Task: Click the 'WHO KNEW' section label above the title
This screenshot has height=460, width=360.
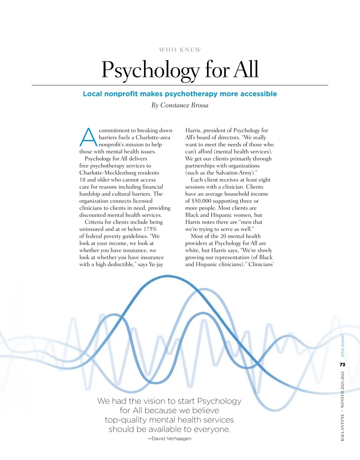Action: (x=180, y=50)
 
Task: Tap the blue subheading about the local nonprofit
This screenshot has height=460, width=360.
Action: (x=180, y=94)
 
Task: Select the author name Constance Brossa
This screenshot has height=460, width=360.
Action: (x=184, y=105)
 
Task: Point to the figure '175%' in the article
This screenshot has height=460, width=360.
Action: (x=150, y=229)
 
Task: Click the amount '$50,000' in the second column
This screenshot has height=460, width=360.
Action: (x=201, y=201)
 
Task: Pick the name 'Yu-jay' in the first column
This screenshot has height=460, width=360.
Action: (x=156, y=265)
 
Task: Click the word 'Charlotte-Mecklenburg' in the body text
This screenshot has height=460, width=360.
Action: (x=119, y=173)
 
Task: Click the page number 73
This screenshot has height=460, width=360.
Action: (x=342, y=365)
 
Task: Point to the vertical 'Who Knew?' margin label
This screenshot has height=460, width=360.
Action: (x=342, y=346)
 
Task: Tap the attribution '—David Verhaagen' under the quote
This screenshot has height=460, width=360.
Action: (x=169, y=439)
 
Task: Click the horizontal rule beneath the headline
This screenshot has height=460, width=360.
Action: (x=180, y=85)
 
